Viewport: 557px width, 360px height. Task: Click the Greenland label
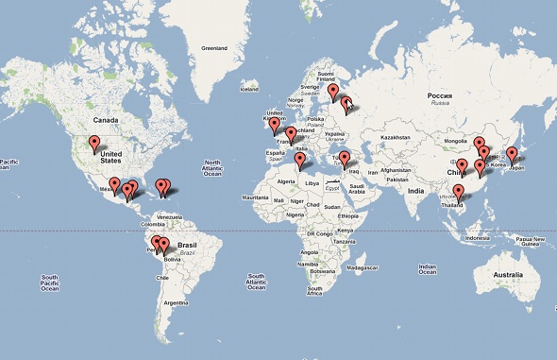(x=216, y=46)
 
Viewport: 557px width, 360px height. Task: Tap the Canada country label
(x=105, y=120)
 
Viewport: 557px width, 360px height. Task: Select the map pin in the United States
(x=93, y=144)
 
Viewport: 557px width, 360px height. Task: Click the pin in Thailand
(x=458, y=193)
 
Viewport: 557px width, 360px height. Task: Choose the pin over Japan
(x=512, y=154)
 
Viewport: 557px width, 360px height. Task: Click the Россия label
(x=440, y=96)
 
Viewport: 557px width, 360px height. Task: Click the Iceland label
(x=249, y=89)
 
